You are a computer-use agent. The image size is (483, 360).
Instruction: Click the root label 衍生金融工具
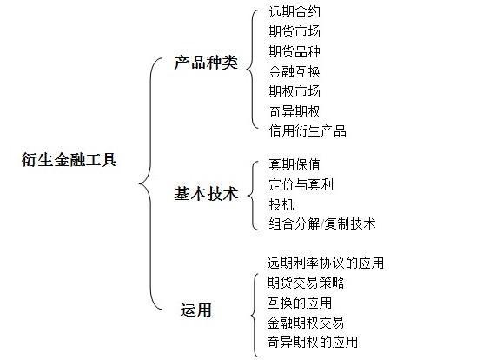[69, 160]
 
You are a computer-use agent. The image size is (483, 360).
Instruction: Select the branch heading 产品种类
[206, 63]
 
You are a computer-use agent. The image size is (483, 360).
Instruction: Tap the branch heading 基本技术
[206, 194]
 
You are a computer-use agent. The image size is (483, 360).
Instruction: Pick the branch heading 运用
[196, 310]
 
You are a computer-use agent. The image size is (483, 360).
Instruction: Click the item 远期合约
[294, 11]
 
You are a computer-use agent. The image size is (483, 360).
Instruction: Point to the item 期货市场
[294, 31]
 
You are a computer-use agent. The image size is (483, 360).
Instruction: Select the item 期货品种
[294, 51]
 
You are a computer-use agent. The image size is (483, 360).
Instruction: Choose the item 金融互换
[294, 71]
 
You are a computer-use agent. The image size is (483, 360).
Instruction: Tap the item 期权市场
[294, 91]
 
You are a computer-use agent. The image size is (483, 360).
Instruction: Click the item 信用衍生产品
[308, 130]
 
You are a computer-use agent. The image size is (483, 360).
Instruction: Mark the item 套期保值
[294, 164]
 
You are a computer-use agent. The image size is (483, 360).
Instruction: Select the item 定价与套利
[301, 184]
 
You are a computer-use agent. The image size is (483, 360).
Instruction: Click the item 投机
[281, 204]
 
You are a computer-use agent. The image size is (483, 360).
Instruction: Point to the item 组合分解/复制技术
[322, 223]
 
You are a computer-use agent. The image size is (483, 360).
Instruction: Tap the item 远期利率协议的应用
[326, 263]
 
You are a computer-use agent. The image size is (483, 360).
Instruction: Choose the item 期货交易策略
[306, 283]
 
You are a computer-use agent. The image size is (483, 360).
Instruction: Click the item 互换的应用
[300, 303]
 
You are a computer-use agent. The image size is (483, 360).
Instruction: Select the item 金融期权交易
[306, 323]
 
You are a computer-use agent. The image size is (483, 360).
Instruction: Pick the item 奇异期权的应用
[313, 342]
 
